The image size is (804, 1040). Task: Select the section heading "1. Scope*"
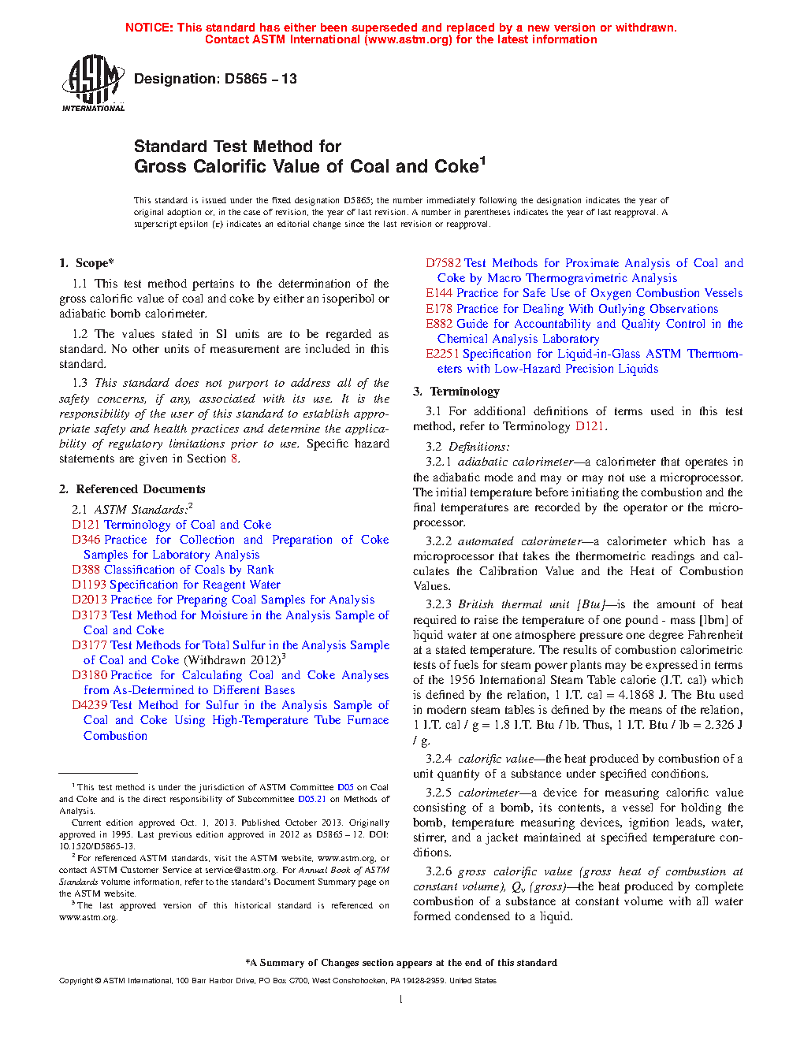[x=87, y=263]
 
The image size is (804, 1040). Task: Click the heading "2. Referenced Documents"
[x=132, y=489]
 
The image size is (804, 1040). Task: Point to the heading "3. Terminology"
[x=456, y=392]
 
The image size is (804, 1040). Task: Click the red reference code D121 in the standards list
[x=86, y=525]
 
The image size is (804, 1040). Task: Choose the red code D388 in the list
[x=86, y=570]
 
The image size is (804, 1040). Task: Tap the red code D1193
[x=89, y=585]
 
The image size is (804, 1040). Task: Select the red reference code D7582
[x=443, y=263]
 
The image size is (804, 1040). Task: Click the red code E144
[x=439, y=293]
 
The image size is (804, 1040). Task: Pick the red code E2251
[x=442, y=354]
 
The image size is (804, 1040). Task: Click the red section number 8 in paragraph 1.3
[x=233, y=459]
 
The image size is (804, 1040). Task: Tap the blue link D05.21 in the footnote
[x=311, y=799]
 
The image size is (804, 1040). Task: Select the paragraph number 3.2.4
[x=438, y=759]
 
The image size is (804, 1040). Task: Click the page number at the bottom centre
[x=401, y=1000]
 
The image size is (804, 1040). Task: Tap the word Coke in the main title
[x=456, y=166]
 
